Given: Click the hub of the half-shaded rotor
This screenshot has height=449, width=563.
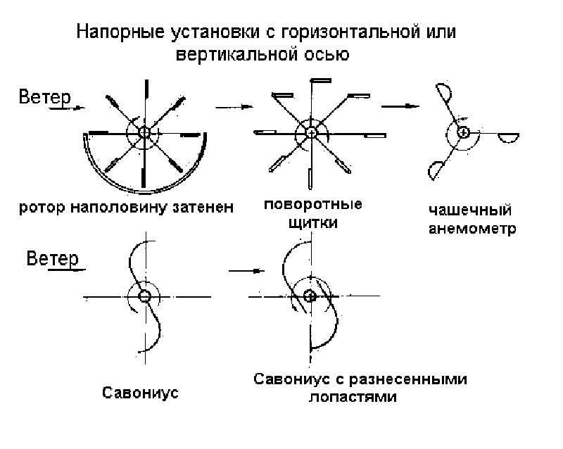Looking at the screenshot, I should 145,132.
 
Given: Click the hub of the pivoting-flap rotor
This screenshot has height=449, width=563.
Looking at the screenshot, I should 310,131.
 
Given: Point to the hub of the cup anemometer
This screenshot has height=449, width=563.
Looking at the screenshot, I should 463,132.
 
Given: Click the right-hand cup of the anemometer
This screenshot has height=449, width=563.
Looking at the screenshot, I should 507,137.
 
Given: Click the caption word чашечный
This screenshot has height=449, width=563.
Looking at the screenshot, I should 469,210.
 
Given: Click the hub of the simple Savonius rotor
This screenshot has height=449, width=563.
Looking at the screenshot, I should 145,296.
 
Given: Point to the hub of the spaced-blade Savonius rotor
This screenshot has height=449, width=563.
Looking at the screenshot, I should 308,296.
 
